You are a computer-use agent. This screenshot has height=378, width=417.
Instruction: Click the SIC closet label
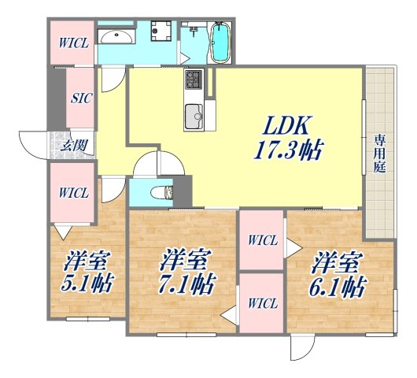pyautogui.click(x=80, y=99)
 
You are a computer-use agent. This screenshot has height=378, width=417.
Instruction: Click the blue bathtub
pyautogui.click(x=220, y=41)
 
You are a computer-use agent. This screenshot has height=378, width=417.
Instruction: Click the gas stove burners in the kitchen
pyautogui.click(x=194, y=80)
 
